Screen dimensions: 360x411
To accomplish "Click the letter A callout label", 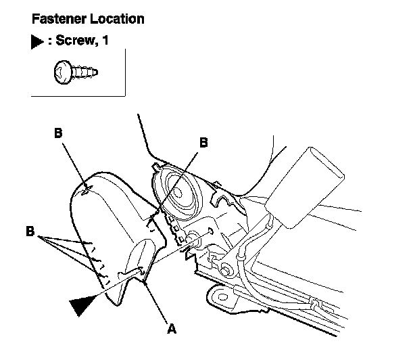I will coord(171,330).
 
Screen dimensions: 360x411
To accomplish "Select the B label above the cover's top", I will coord(58,133).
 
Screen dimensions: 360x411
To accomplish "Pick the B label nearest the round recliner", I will coord(203,141).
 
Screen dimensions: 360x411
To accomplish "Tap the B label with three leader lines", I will coord(30,231).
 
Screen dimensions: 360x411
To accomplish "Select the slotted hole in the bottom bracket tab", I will coord(220,296).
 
